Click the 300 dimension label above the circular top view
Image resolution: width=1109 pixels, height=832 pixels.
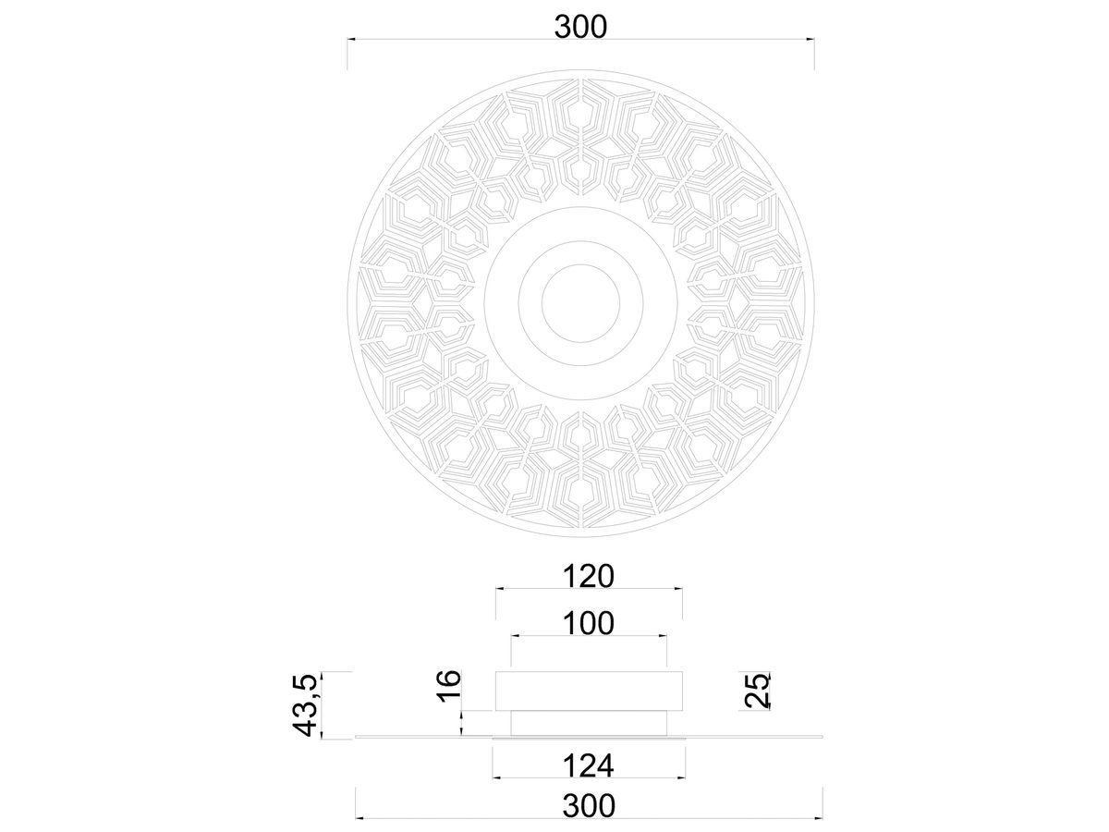tap(580, 28)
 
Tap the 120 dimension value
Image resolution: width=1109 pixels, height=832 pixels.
tap(589, 576)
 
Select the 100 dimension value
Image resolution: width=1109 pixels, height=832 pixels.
tap(589, 623)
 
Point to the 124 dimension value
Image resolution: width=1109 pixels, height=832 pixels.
tap(589, 765)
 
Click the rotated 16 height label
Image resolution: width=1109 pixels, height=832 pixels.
tap(449, 686)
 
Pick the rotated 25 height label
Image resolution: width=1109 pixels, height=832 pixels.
tap(757, 690)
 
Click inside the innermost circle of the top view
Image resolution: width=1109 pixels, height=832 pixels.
tap(581, 303)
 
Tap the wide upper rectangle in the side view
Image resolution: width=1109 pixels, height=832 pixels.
tap(589, 691)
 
